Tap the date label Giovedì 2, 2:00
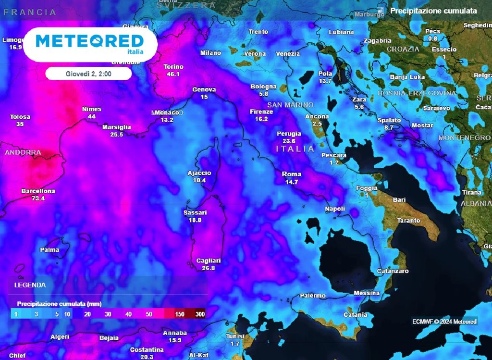[x=88, y=74]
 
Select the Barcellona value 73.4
[x=38, y=198]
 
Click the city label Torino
[x=173, y=67]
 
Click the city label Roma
[x=292, y=174]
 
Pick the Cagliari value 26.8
[x=209, y=268]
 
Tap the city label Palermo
[x=313, y=296]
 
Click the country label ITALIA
[x=295, y=149]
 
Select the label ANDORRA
[x=23, y=153]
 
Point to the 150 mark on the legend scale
[x=180, y=314]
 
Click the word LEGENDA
[x=30, y=285]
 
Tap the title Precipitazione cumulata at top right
[x=433, y=11]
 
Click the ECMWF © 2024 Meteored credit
[x=444, y=322]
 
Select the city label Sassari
[x=195, y=212]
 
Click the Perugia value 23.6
[x=289, y=141]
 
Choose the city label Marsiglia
[x=117, y=127]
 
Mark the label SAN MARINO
[x=290, y=105]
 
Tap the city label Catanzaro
[x=393, y=271]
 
